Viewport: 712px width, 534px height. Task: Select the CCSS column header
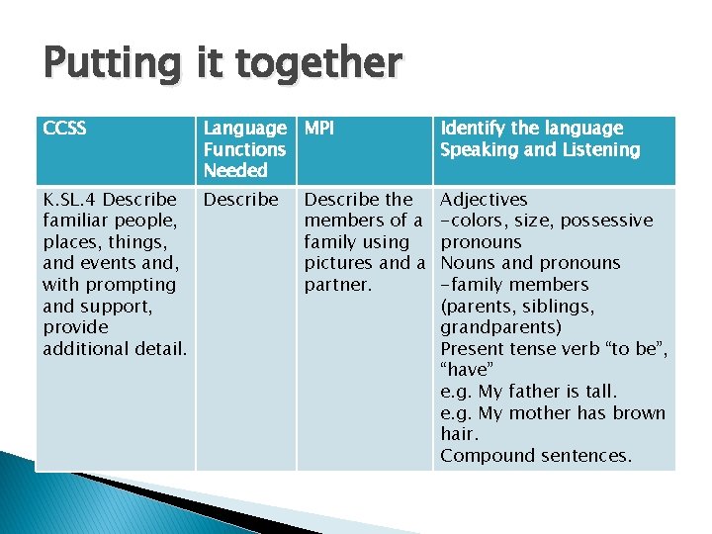(65, 129)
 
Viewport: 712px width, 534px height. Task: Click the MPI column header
(318, 129)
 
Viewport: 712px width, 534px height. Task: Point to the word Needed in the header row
(234, 171)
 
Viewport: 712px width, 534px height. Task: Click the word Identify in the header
(472, 129)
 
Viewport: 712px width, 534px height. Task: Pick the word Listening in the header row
(598, 150)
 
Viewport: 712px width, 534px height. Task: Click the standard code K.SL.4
(70, 200)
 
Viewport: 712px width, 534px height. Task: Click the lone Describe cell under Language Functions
(240, 200)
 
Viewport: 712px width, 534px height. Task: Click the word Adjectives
(484, 200)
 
